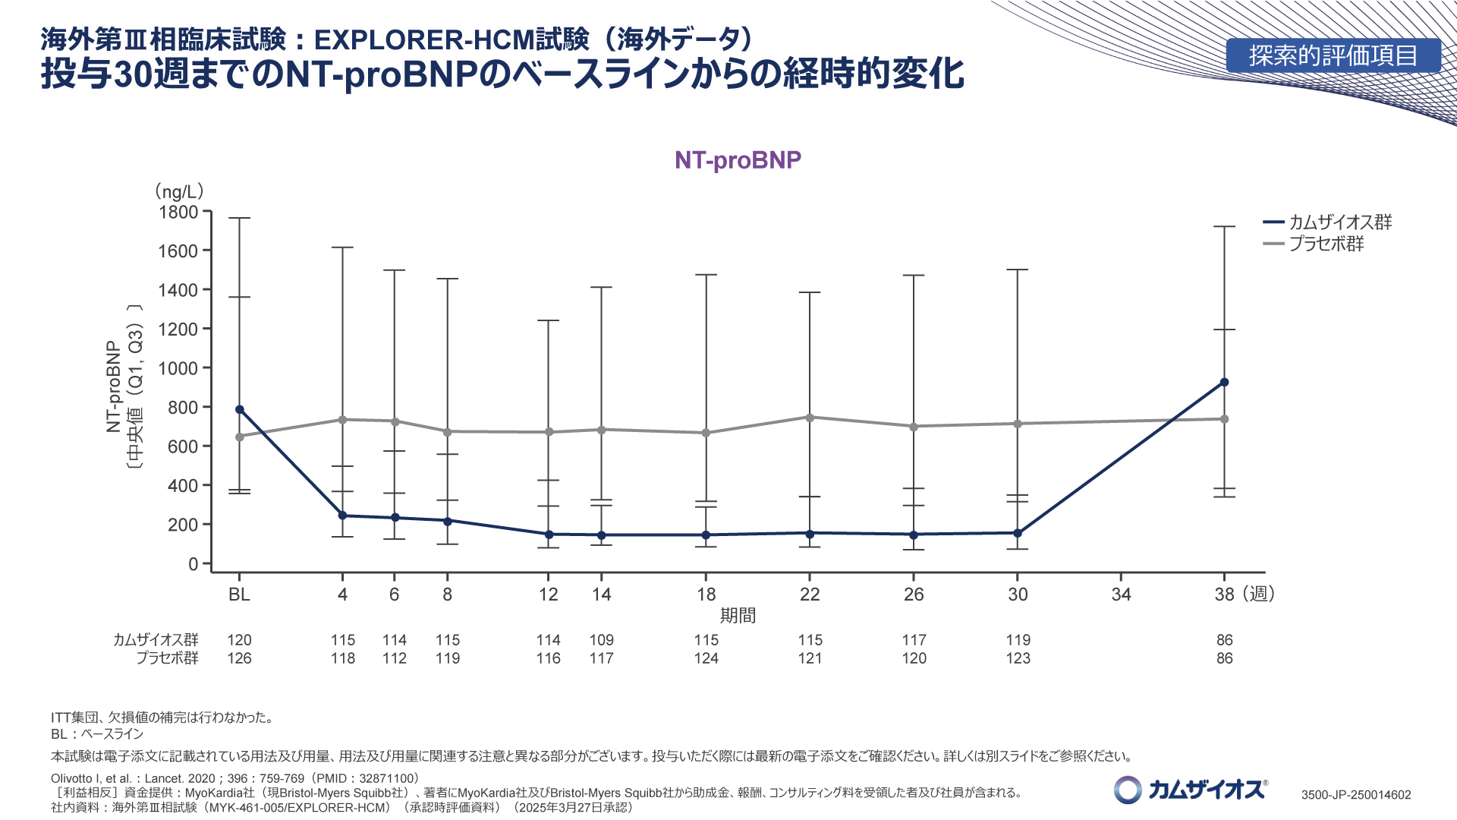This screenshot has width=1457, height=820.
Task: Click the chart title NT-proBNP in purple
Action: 738,160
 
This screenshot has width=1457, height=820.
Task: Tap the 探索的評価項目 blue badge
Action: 1333,55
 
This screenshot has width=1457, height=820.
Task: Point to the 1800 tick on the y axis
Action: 178,213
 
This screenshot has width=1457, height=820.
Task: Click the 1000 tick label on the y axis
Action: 178,368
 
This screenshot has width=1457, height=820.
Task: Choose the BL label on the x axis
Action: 239,594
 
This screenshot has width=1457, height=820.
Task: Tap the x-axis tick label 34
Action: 1121,594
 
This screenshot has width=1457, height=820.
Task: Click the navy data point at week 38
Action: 1224,383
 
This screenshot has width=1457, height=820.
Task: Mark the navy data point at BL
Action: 240,410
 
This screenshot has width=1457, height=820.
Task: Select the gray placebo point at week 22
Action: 810,418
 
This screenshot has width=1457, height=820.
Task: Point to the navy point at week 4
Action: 342,516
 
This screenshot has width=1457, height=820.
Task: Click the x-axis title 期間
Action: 738,616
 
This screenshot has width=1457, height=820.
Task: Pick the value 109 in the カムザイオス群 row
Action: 601,640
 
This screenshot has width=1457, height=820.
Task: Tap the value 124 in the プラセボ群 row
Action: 706,658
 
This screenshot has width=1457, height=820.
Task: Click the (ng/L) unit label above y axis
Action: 179,191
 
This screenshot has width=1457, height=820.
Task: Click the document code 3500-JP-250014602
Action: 1356,795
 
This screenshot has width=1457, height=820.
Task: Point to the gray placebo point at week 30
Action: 1018,424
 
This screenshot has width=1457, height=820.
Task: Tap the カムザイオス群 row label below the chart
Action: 156,640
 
